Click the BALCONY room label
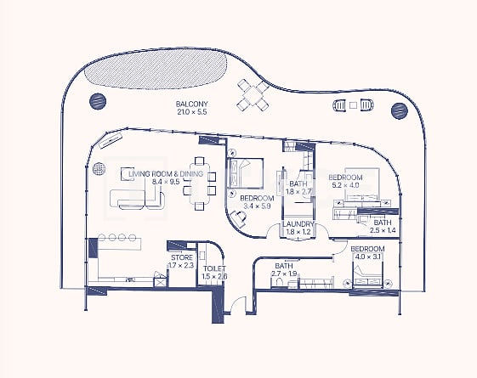coord(191,104)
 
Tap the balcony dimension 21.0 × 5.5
coord(191,111)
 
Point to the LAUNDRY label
coord(298,224)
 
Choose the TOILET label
coord(214,268)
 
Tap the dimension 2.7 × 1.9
coord(284,274)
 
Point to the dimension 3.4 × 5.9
coord(258,206)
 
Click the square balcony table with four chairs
coord(253,94)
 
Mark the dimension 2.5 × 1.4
coord(382,230)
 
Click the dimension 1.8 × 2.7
coord(298,192)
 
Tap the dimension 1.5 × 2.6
coord(214,277)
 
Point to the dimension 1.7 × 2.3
coord(182,266)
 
